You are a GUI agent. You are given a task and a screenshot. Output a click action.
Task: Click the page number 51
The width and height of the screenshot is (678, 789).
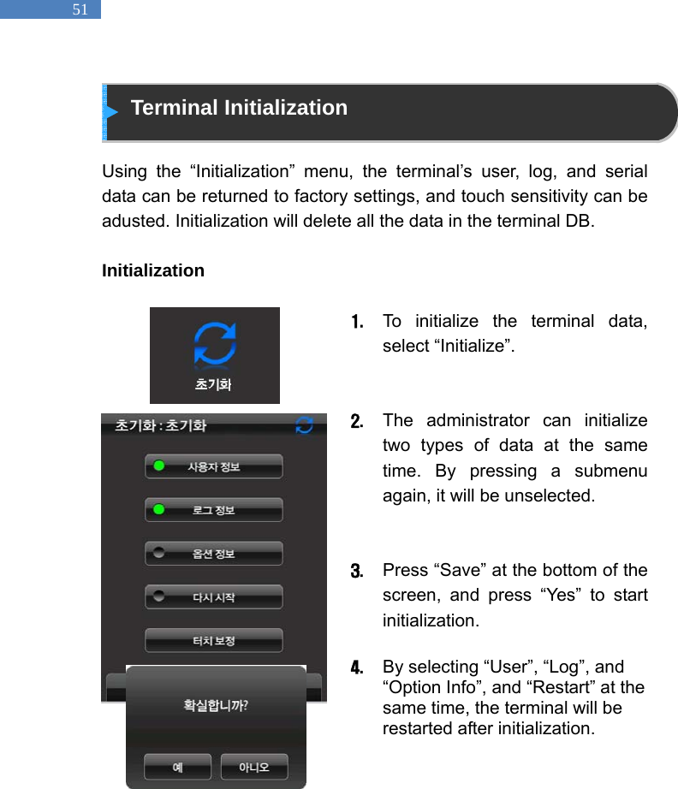pos(80,9)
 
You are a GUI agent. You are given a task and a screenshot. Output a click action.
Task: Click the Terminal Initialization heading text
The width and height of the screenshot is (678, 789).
pos(239,108)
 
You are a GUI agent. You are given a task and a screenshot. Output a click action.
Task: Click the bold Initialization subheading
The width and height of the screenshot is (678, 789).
pos(152,270)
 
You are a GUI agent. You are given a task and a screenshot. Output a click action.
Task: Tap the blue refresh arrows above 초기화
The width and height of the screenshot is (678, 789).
pos(215,345)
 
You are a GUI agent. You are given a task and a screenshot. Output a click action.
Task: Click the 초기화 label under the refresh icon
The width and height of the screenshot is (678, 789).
pos(214,385)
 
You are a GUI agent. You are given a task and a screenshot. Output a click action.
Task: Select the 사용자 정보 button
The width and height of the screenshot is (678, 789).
pos(213,466)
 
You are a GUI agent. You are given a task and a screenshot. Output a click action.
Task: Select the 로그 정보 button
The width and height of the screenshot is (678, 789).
pos(213,510)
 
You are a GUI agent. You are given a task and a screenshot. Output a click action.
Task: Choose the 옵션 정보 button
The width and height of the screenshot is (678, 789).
pos(213,554)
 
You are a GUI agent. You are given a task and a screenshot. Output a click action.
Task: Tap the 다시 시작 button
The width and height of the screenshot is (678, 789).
pos(213,597)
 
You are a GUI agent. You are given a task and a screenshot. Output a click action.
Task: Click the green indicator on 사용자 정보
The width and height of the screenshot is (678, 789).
pos(158,466)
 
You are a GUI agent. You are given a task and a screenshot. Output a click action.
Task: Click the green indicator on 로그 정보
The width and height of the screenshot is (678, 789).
pos(158,510)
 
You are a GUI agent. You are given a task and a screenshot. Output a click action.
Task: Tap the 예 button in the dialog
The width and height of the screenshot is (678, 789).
pos(178,767)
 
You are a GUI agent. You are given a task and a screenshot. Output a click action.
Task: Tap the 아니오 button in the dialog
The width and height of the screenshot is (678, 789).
pos(253,767)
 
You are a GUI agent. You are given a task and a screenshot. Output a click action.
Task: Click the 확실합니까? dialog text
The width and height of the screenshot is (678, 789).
pos(216,706)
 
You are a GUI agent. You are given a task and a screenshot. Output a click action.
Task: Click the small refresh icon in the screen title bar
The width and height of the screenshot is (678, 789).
pos(304,424)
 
